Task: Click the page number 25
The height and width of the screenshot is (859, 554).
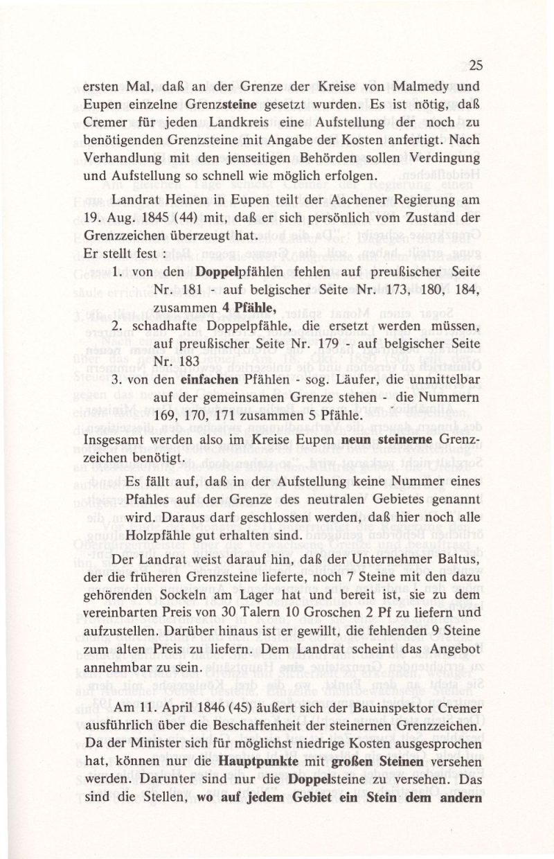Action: pos(475,67)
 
